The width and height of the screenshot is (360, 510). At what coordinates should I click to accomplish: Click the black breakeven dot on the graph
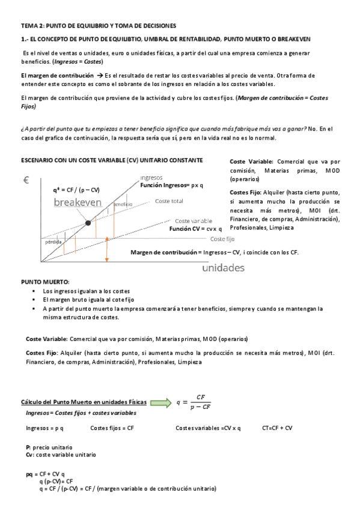click(x=88, y=223)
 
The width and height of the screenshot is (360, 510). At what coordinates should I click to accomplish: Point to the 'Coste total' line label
click(x=169, y=201)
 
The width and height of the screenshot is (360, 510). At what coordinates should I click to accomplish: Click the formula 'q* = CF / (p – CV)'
click(x=76, y=190)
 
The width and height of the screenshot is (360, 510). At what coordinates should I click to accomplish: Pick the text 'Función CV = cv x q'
click(x=195, y=229)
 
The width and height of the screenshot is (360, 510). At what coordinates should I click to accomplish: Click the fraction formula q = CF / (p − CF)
click(x=195, y=402)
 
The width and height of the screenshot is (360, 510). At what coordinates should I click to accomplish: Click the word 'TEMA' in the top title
click(x=29, y=25)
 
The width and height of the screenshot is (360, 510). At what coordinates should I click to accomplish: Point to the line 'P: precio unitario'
click(x=49, y=447)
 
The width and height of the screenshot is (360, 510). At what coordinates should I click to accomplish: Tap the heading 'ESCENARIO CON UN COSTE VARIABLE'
click(x=112, y=160)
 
